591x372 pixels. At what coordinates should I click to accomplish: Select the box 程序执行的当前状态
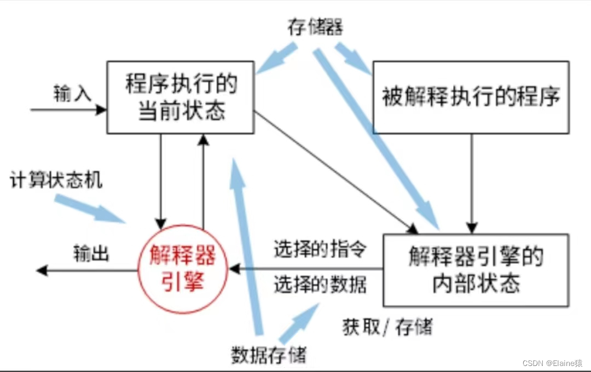[x=181, y=97]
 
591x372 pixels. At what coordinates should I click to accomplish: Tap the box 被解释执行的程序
[x=471, y=97]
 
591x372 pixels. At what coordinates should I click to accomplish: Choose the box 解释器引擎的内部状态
[x=475, y=270]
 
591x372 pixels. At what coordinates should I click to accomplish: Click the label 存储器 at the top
[x=315, y=26]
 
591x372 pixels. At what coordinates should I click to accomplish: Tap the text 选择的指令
[x=320, y=250]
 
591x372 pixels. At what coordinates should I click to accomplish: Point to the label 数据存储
[x=268, y=355]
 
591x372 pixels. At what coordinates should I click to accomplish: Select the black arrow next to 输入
[x=68, y=110]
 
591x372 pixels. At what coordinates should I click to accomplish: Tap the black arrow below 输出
[x=88, y=270]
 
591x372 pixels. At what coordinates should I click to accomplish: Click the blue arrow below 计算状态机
[x=90, y=209]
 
